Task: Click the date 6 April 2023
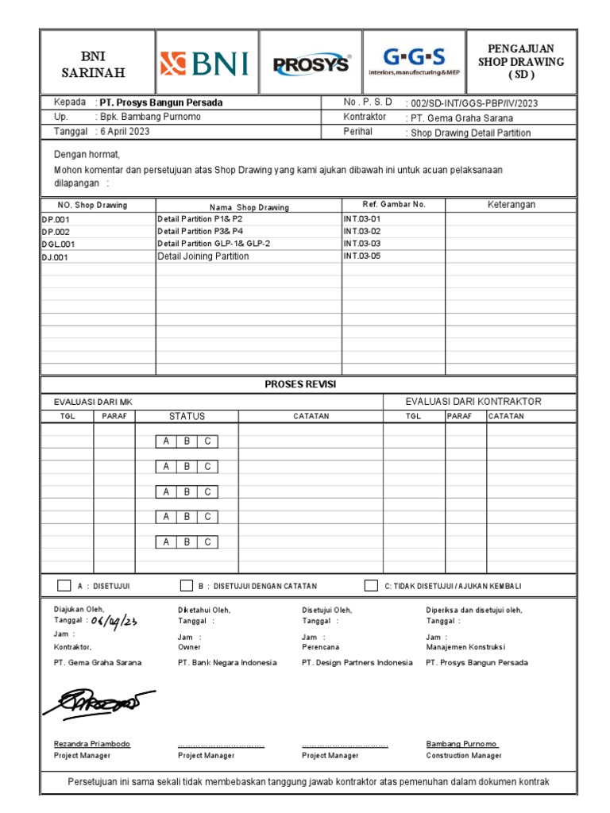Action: (x=123, y=132)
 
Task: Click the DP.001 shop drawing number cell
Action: (x=56, y=219)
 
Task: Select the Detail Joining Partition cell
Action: (x=203, y=256)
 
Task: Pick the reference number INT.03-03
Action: (x=362, y=244)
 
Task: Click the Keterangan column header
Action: (x=511, y=205)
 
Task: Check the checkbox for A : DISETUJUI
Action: (x=64, y=586)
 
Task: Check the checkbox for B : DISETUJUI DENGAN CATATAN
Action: (x=186, y=586)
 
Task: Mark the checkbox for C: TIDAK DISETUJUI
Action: (x=371, y=586)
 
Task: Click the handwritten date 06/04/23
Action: (x=114, y=622)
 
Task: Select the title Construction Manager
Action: (x=464, y=756)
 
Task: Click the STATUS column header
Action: (x=187, y=416)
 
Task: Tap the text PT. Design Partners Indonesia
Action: (x=357, y=662)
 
